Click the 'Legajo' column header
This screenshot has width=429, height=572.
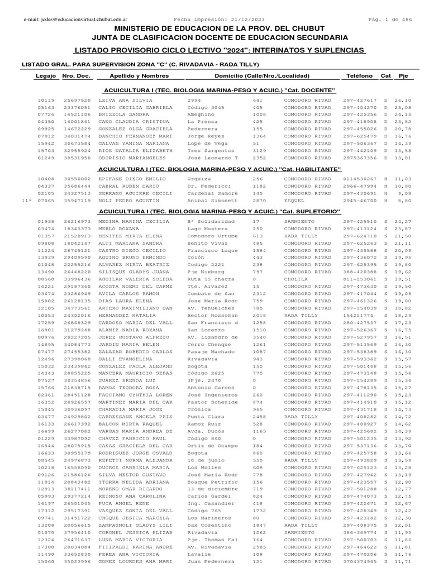click(45, 75)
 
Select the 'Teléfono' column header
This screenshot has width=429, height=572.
click(359, 75)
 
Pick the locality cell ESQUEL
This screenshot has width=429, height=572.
click(294, 199)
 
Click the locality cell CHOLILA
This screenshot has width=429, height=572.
click(296, 278)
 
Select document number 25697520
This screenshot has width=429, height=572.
click(77, 100)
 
